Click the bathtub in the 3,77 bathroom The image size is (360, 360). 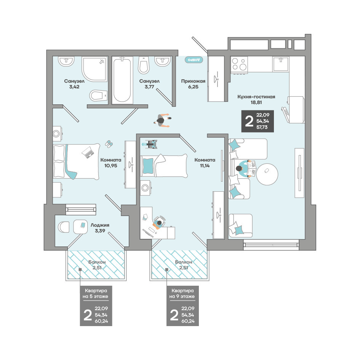pos(122,80)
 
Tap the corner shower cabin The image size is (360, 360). pos(94,69)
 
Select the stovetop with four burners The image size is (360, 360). pos(239,64)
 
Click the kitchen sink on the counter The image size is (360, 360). pos(280,64)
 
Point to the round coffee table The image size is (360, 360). pos(267,174)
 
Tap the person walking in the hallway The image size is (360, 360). pos(163,120)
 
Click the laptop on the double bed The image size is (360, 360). pos(88,152)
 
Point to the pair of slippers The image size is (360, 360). pos(109,144)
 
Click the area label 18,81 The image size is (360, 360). pos(256,102)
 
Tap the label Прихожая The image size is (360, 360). pos(193,81)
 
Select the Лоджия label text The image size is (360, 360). pos(100,225)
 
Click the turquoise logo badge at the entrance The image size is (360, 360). pos(194,60)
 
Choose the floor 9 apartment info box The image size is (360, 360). pos(182,306)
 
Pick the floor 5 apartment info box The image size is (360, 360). pos(96,306)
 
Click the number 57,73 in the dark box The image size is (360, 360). pos(262,127)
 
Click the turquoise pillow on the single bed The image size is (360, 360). pos(148,166)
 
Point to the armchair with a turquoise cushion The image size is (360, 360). pos(240,226)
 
